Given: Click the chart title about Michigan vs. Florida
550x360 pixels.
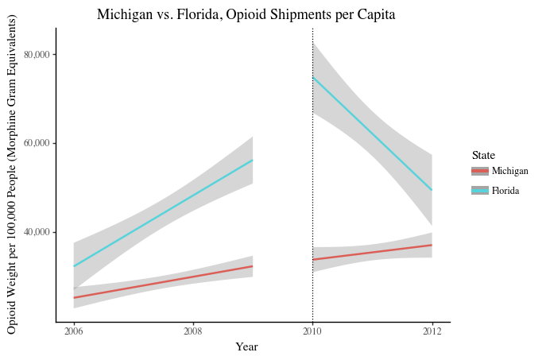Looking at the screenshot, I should click(246, 14).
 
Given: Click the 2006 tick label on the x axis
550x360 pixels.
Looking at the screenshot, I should click(74, 331).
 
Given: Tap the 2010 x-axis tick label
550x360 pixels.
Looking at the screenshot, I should click(312, 331).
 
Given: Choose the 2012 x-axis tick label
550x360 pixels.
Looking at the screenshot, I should click(432, 331).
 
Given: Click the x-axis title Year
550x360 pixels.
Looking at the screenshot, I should click(246, 346).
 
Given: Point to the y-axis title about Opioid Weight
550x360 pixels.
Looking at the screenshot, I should click(12, 175).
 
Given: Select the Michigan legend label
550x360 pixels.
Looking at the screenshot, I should click(510, 171).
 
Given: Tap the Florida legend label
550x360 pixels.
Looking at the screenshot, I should click(505, 191).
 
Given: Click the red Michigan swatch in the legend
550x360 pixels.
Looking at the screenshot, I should click(479, 171).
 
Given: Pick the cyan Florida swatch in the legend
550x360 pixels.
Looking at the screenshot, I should click(479, 191).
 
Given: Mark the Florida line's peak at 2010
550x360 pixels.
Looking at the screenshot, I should click(313, 77).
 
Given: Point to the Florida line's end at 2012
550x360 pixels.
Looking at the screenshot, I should click(432, 190).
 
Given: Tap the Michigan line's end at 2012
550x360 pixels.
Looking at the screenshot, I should click(432, 245).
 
